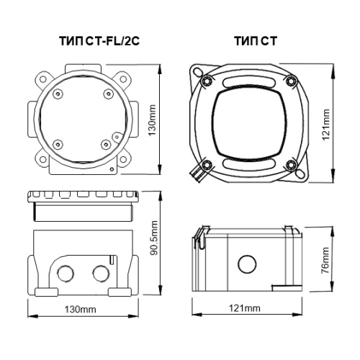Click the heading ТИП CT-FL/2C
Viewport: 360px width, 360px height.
pos(99,41)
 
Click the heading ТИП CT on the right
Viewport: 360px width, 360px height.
pos(256,41)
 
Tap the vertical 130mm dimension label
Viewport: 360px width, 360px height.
pos(152,120)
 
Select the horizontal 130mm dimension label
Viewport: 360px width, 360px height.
pos(80,310)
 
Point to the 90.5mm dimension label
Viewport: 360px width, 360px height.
pos(153,238)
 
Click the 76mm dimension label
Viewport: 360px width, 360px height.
pos(325,260)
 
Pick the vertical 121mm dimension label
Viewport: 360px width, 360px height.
pos(325,125)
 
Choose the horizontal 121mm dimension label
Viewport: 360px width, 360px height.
pos(245,308)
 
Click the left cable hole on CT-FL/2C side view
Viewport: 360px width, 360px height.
pos(66,274)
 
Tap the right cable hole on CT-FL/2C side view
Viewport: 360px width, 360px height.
pos(101,274)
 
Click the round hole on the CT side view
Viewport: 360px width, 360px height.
pos(247,264)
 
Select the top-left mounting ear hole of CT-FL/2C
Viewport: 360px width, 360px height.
pos(43,79)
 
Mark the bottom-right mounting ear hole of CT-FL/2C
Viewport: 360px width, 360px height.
pos(123,159)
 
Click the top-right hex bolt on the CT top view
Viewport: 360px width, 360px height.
pos(292,81)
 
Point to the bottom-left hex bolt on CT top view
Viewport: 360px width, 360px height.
pos(207,165)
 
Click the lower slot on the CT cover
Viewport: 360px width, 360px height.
pos(249,164)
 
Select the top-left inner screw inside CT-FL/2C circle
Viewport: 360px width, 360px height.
pos(58,94)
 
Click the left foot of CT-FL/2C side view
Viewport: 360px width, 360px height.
pos(46,292)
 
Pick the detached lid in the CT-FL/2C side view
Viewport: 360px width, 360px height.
pos(83,206)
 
